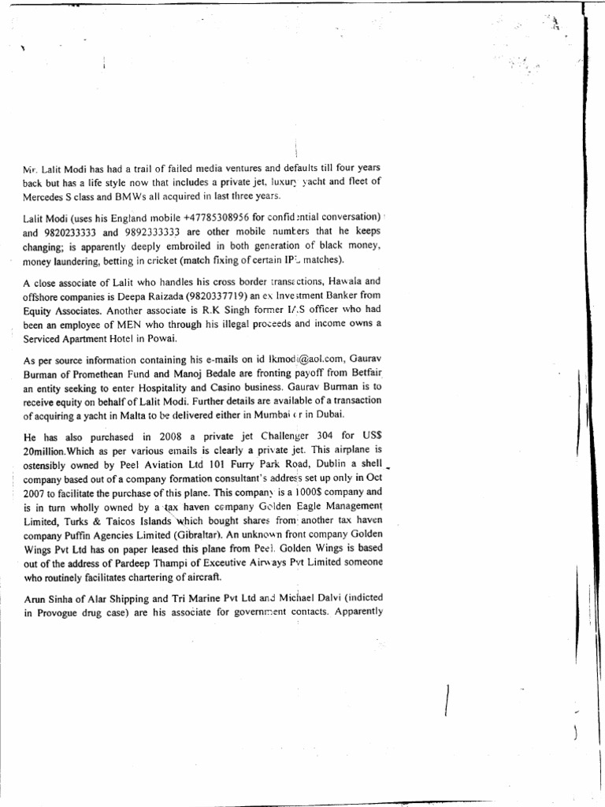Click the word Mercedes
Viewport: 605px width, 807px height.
coord(44,195)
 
